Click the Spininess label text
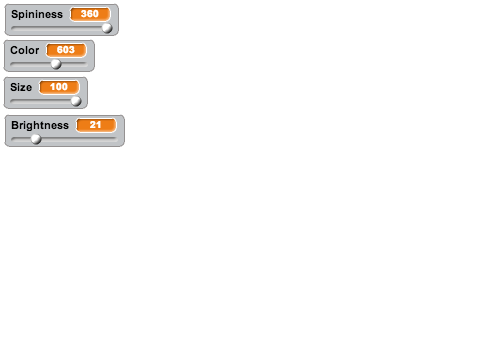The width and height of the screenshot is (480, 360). [x=37, y=14]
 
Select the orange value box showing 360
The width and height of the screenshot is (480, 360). [x=90, y=14]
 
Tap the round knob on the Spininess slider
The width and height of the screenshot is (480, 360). [x=107, y=28]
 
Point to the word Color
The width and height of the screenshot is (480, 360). [x=25, y=50]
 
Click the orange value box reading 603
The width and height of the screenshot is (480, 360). [x=66, y=50]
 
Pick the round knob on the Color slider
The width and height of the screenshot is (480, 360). [x=56, y=64]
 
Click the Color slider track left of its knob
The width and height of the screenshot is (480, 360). [x=31, y=64]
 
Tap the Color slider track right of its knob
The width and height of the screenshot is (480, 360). [x=74, y=64]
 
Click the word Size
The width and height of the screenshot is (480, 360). [x=21, y=87]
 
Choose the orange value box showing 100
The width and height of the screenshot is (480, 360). [x=59, y=87]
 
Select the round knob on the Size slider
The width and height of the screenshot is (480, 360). [x=76, y=101]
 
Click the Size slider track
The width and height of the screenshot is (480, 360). [x=41, y=101]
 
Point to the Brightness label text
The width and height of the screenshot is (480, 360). [x=40, y=125]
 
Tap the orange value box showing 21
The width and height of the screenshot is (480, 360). [x=96, y=125]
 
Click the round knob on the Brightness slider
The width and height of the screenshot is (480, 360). [x=36, y=139]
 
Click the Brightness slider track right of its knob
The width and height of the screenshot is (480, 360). [x=79, y=139]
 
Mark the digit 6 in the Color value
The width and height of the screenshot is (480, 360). [x=60, y=50]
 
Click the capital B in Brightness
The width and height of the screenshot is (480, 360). [x=15, y=125]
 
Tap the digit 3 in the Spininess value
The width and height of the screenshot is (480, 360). [x=84, y=14]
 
